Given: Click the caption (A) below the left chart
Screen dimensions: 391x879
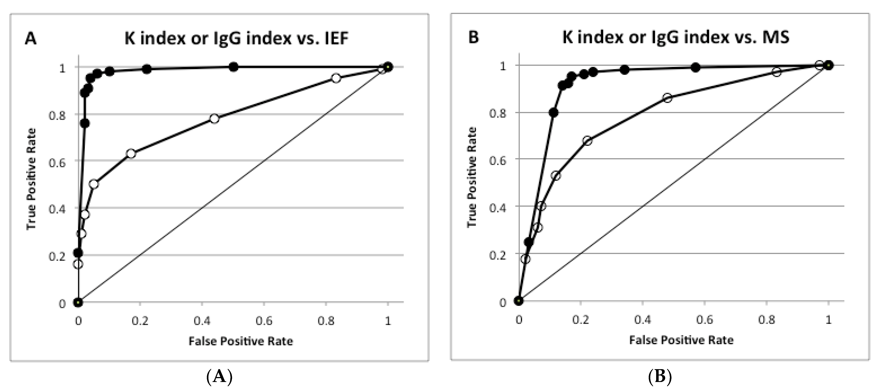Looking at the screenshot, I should [x=219, y=377].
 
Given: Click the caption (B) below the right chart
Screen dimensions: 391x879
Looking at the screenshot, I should [x=659, y=377].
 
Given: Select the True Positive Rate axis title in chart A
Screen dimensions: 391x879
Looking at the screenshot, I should [x=31, y=179].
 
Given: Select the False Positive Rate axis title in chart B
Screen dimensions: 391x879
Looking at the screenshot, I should [x=681, y=340].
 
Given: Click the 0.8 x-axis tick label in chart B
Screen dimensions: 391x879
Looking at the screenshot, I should [x=766, y=320].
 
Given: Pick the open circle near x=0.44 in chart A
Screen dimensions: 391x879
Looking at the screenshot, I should [x=214, y=119].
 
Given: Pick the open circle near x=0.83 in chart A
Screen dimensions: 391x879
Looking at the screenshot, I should [x=336, y=78].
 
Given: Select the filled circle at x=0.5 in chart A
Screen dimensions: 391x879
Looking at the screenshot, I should [x=233, y=67].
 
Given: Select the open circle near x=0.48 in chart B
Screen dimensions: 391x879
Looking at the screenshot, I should [x=667, y=98].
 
